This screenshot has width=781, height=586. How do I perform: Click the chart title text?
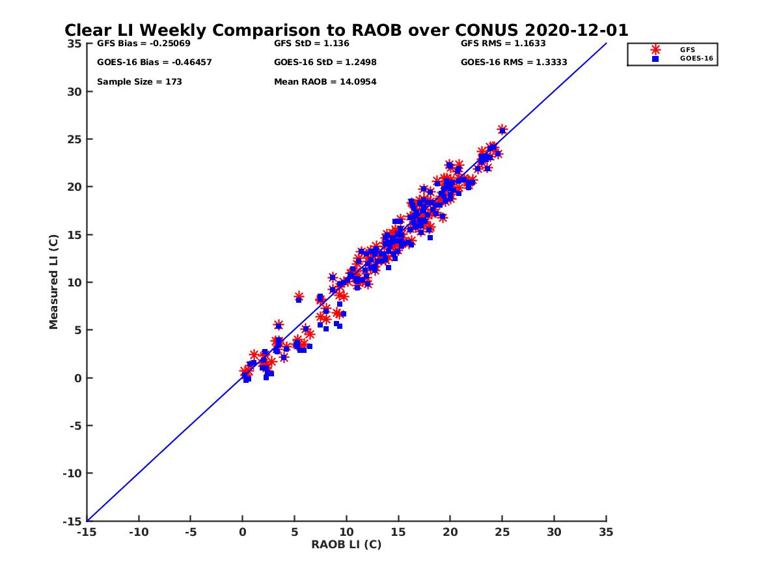tap(346, 31)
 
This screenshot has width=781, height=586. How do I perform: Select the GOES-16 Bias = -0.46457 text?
tap(154, 63)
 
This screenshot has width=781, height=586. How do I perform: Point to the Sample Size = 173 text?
tap(139, 82)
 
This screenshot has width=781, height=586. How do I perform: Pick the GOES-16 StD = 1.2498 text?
tap(325, 63)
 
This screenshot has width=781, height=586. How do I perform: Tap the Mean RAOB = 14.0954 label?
tap(325, 82)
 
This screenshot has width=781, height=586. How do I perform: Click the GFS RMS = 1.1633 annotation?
tap(503, 44)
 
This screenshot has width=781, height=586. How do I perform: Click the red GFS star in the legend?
tap(655, 49)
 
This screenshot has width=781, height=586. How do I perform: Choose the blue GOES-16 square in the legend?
tap(655, 59)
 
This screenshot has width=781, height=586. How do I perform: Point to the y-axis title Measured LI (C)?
tap(54, 282)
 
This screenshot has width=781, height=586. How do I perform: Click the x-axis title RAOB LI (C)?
tap(346, 544)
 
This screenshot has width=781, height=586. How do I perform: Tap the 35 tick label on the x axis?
tap(606, 532)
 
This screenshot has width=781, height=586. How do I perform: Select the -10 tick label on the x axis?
tap(138, 532)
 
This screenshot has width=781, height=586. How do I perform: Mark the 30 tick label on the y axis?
tap(75, 92)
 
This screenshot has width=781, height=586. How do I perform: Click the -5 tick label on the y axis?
tap(76, 426)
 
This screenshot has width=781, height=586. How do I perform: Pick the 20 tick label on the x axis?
tap(450, 532)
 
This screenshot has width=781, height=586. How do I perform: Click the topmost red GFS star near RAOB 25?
tap(502, 130)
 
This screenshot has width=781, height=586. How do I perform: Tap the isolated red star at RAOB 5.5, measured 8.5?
tap(299, 296)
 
